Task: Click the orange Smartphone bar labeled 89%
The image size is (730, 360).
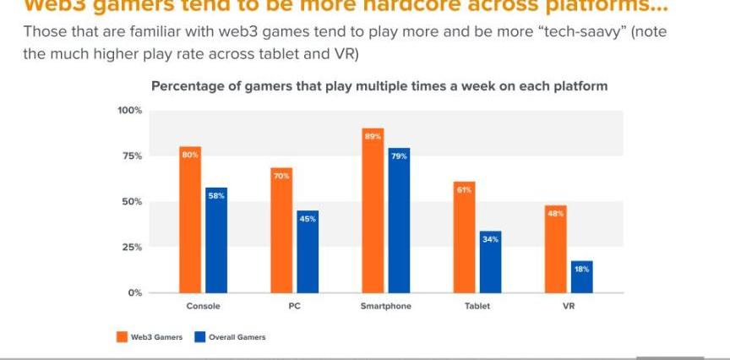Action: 373,210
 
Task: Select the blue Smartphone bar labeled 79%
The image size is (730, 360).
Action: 399,221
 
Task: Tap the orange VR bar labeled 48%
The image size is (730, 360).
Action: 555,249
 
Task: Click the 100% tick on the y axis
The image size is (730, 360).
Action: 129,111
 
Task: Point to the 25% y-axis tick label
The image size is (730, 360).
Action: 132,247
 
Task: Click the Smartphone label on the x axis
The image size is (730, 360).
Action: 385,306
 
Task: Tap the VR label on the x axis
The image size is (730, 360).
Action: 568,306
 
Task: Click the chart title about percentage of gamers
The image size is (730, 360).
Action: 379,86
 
